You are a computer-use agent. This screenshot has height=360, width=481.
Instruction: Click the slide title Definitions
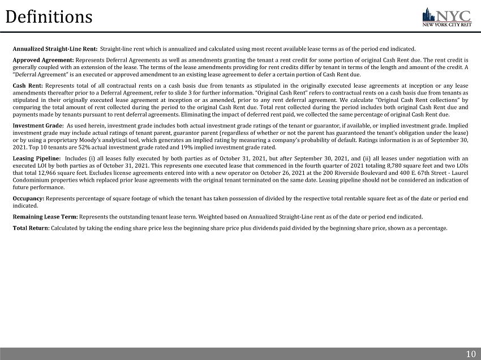tap(49, 17)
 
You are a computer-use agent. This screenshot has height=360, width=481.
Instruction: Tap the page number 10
tap(470, 354)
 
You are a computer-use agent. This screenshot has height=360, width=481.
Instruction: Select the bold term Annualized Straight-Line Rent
tap(55, 49)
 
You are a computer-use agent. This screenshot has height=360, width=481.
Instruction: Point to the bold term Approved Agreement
tap(43, 60)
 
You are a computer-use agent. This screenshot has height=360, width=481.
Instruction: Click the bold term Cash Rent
tap(27, 85)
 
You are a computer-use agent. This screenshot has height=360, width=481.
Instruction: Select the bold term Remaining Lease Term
tap(45, 217)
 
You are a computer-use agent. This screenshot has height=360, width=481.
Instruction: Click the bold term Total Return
tap(31, 228)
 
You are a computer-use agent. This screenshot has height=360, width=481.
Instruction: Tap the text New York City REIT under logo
tap(447, 24)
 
